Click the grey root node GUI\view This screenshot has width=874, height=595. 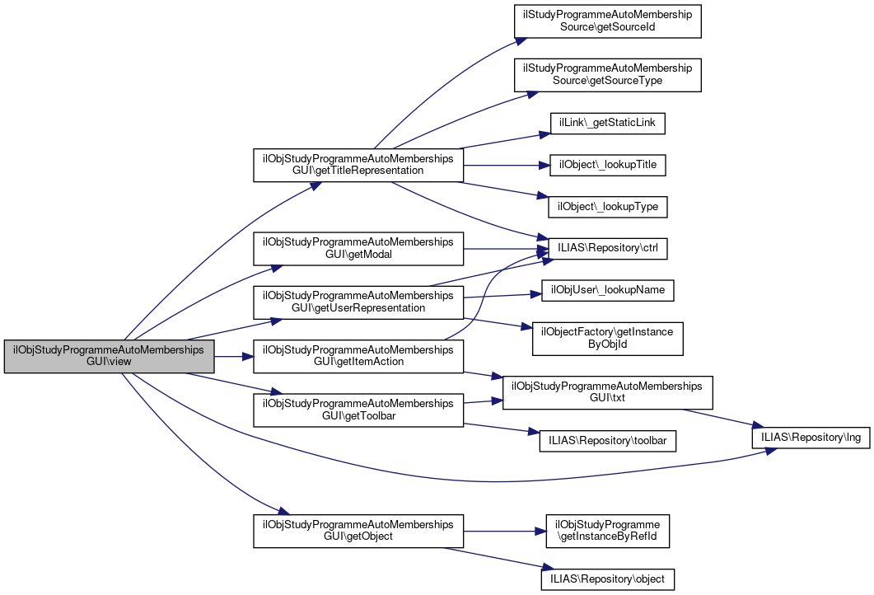110,356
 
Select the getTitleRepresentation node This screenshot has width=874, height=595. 358,165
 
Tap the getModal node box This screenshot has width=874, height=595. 358,249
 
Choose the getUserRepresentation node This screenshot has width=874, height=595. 358,302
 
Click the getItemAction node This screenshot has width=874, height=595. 358,356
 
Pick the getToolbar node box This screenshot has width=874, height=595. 358,410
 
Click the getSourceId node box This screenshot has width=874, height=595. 607,21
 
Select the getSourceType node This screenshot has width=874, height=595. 607,75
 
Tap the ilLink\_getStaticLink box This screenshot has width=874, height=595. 607,124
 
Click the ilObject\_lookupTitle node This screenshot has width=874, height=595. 607,165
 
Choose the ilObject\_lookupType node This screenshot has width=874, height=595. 607,206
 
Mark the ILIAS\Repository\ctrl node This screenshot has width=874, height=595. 607,249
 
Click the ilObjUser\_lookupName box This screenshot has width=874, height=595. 607,290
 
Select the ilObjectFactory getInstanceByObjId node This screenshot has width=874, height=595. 607,338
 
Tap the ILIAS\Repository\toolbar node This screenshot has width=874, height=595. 607,441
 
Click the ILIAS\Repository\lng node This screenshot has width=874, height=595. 811,438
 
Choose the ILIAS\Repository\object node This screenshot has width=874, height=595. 607,579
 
